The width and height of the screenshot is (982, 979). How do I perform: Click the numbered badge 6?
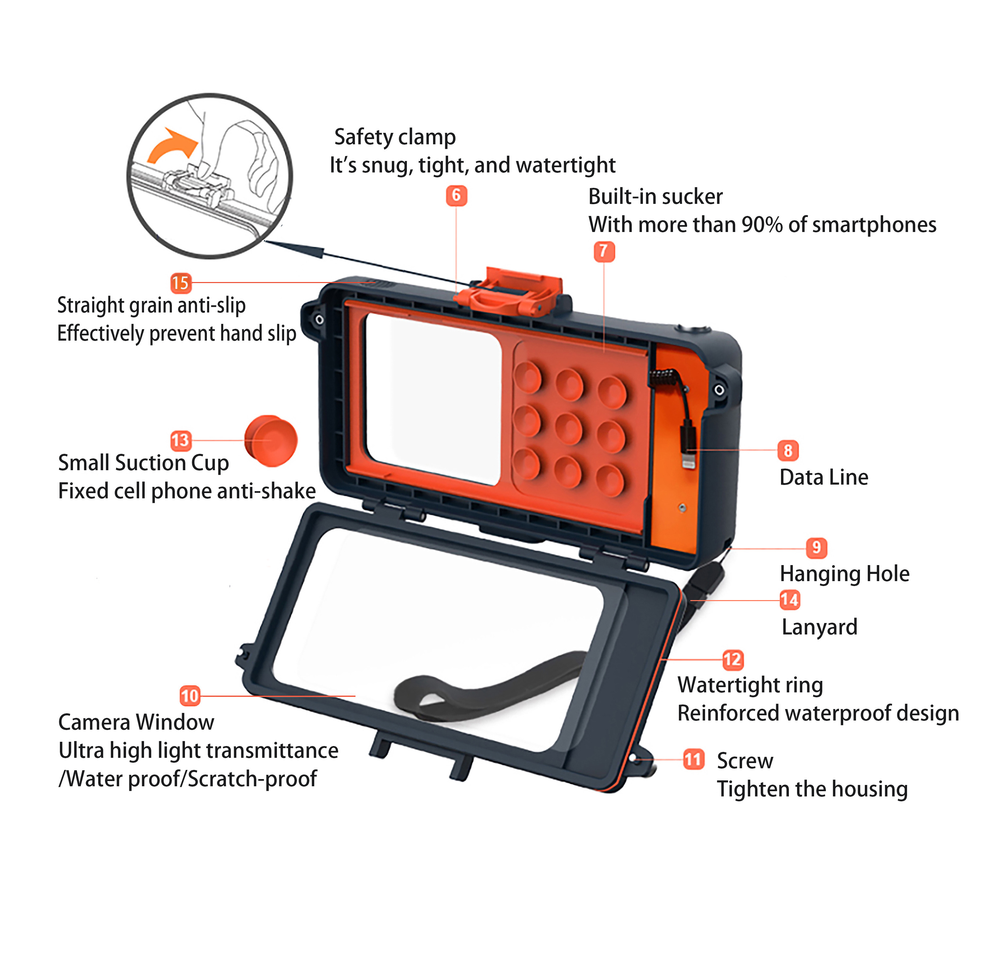click(456, 196)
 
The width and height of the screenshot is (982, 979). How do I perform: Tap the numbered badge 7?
click(604, 252)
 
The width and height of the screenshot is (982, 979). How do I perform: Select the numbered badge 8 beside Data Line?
click(788, 450)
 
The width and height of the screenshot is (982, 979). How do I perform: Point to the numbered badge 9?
click(816, 548)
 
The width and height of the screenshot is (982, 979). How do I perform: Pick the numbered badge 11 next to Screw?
click(693, 759)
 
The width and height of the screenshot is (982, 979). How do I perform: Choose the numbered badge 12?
click(733, 660)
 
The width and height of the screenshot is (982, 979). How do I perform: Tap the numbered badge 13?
click(180, 440)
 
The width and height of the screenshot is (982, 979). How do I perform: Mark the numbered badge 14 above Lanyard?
click(789, 600)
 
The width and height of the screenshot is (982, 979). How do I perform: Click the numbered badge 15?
click(180, 283)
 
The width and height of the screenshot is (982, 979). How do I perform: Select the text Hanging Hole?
click(844, 574)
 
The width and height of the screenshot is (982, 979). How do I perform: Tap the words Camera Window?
click(136, 722)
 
